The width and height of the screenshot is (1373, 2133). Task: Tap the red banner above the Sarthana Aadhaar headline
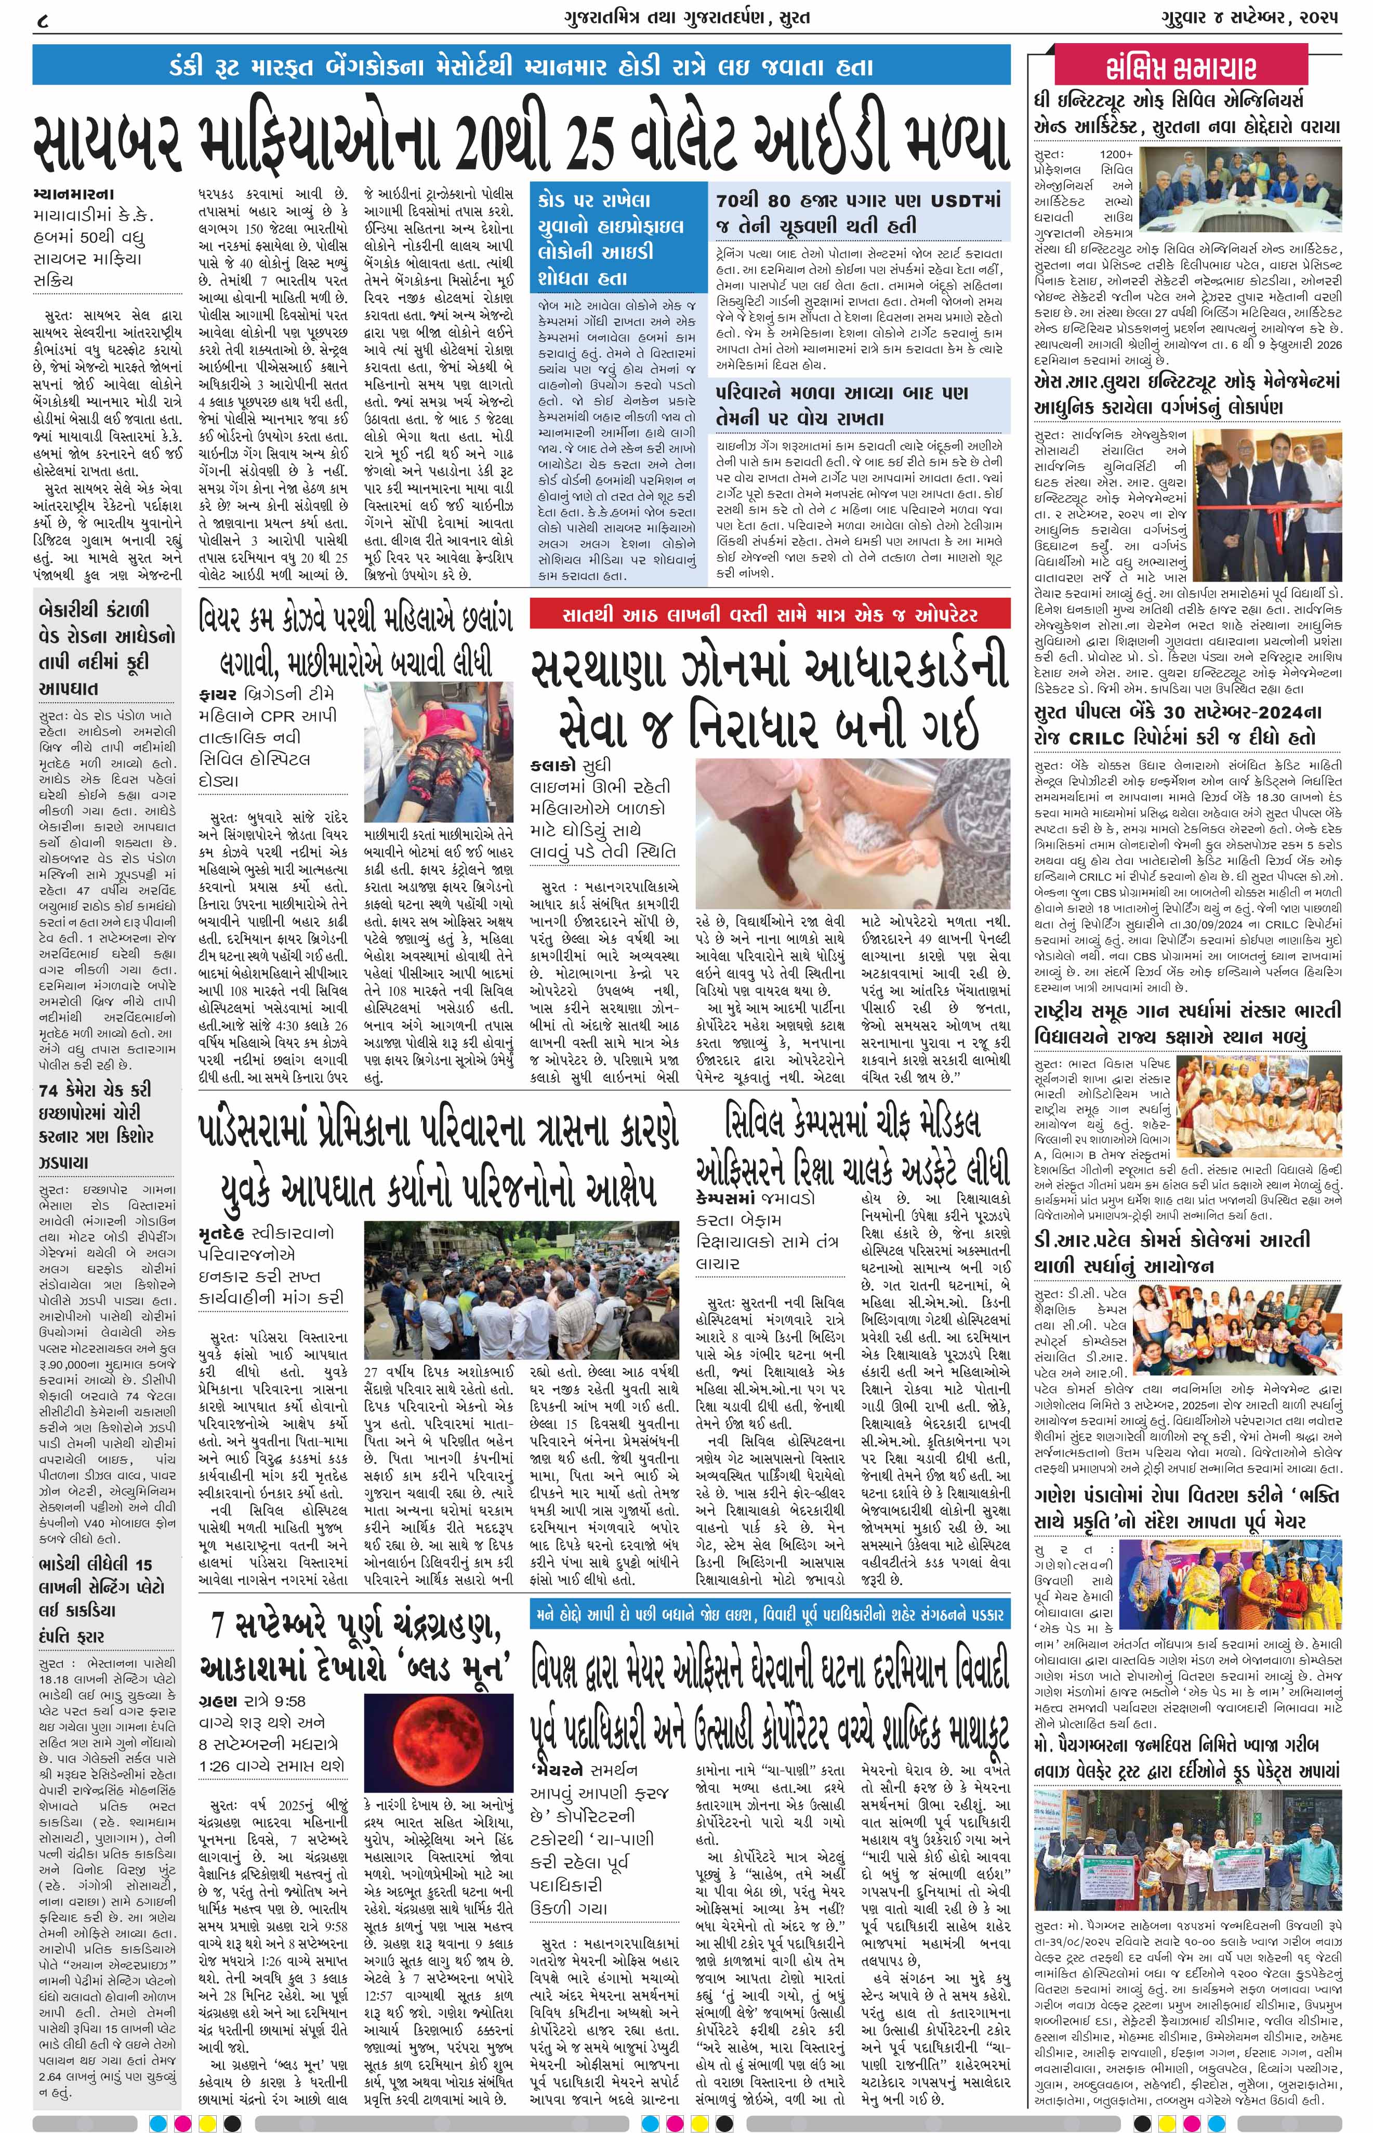[770, 614]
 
